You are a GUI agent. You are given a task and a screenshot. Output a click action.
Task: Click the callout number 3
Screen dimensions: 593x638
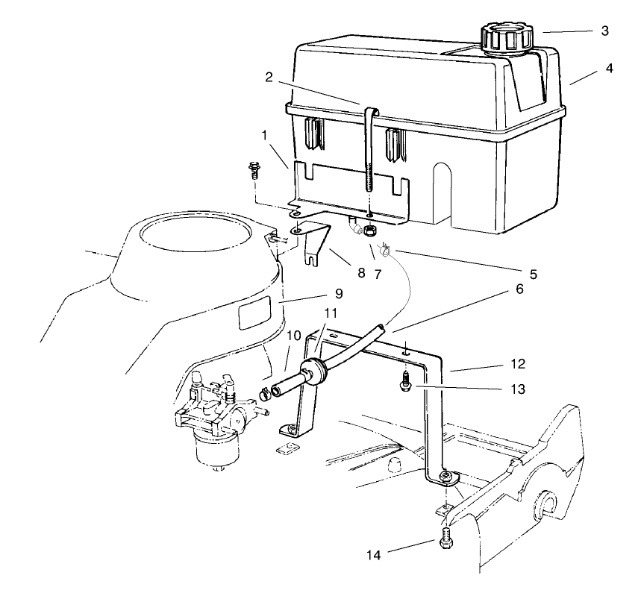point(604,31)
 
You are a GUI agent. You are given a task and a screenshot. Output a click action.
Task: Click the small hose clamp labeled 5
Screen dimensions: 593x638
point(387,251)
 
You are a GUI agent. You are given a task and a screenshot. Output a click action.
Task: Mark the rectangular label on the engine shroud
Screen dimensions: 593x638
point(253,315)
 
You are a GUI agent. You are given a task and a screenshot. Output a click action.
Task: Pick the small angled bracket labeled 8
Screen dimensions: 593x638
point(317,242)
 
